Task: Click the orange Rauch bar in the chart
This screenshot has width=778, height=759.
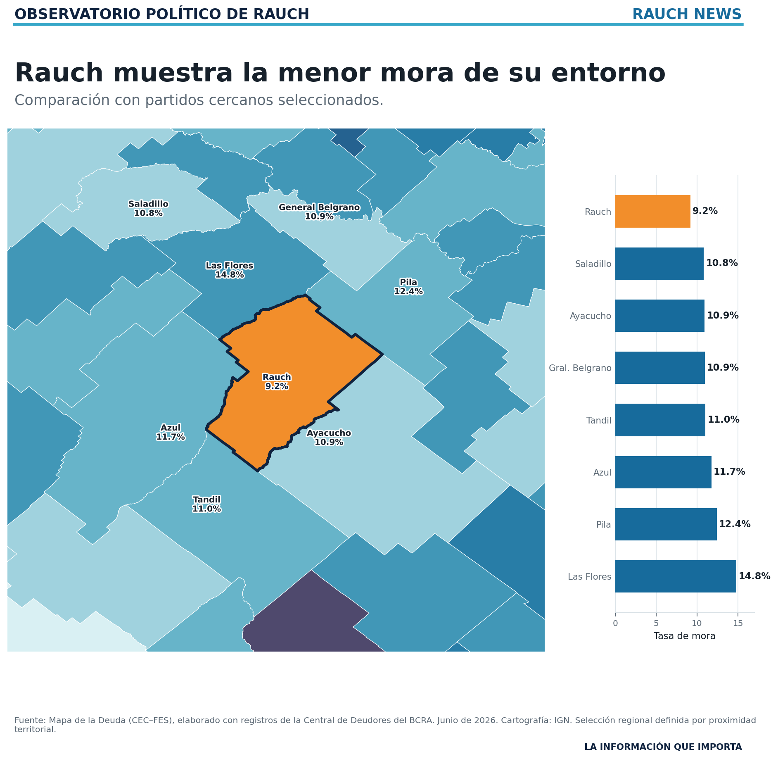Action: [652, 211]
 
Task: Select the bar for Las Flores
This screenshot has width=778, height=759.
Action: [676, 576]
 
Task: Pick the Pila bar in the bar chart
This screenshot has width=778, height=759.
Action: [666, 524]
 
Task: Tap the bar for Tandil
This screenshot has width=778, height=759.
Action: [660, 420]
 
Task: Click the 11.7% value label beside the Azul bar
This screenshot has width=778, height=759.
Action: [729, 472]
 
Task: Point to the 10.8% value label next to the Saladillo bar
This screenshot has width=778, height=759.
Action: [722, 263]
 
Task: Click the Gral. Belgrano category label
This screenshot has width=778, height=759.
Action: [580, 368]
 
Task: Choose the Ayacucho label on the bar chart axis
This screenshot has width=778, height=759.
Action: [591, 316]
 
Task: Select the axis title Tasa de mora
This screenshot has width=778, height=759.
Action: [684, 636]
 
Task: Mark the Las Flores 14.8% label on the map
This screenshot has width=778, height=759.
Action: [230, 270]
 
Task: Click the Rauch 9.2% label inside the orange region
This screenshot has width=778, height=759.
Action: [277, 382]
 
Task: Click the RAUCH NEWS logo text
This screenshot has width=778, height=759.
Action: [687, 14]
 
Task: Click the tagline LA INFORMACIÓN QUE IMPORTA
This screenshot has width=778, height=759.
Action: [663, 747]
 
